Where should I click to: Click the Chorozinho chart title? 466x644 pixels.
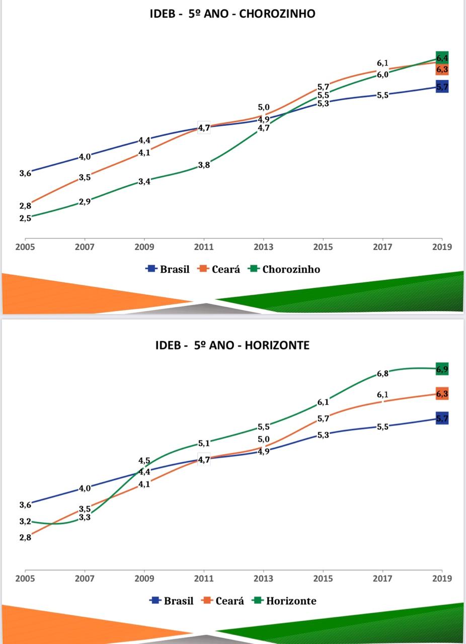[x=232, y=14]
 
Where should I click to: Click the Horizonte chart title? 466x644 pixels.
[x=232, y=345]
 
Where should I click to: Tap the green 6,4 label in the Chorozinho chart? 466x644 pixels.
[x=442, y=58]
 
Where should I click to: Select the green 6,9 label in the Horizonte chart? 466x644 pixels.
[x=442, y=369]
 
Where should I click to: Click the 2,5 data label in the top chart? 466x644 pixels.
[x=25, y=218]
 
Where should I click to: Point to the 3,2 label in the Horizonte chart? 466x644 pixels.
[x=25, y=522]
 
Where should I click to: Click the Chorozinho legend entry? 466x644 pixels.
[x=285, y=269]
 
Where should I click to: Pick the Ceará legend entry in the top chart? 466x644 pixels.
[x=220, y=269]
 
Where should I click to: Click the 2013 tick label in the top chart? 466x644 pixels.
[x=263, y=247]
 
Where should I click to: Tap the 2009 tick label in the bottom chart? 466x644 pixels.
[x=144, y=579]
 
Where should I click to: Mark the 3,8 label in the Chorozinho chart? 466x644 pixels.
[x=204, y=165]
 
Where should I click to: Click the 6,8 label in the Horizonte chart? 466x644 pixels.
[x=382, y=374]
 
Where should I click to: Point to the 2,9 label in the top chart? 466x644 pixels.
[x=85, y=202]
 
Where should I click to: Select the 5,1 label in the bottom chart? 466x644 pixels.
[x=204, y=443]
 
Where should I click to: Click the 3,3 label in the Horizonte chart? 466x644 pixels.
[x=85, y=517]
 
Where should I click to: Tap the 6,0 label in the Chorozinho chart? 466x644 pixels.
[x=382, y=74]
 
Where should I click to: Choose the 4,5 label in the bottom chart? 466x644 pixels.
[x=144, y=461]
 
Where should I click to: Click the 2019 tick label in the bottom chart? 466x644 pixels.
[x=442, y=579]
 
